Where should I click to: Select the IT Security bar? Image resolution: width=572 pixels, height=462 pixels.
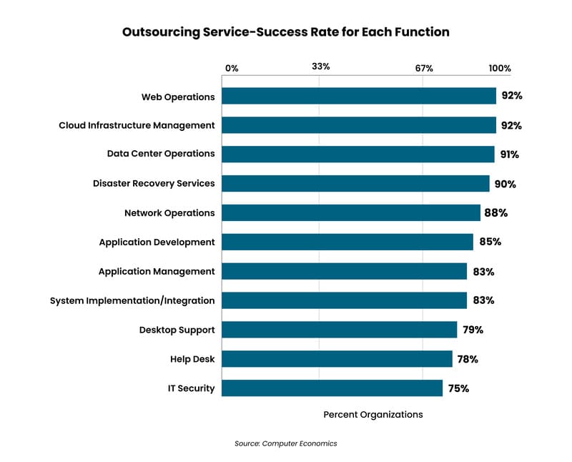(x=332, y=388)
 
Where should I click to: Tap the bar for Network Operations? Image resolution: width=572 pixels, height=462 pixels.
(x=351, y=212)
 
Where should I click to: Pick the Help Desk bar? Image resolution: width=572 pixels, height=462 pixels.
(x=337, y=359)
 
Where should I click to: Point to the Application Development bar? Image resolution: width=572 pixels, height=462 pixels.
(x=347, y=242)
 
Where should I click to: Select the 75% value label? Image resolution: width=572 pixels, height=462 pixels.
(x=458, y=388)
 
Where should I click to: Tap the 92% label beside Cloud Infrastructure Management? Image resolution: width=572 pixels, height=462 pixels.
(x=511, y=125)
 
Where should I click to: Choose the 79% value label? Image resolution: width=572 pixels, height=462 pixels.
(x=472, y=330)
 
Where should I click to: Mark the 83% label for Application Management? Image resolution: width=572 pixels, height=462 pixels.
(x=483, y=272)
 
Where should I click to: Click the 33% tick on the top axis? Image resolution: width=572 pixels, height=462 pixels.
(x=320, y=67)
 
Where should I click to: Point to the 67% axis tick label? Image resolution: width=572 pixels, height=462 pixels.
(x=424, y=69)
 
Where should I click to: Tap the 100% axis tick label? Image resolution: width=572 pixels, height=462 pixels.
(x=500, y=69)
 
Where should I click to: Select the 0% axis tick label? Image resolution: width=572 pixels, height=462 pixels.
(x=232, y=69)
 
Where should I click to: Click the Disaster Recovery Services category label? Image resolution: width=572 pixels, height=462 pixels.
(x=154, y=184)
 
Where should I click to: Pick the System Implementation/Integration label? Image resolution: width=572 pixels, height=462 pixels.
(x=132, y=300)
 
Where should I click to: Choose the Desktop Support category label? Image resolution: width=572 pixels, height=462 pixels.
(x=177, y=330)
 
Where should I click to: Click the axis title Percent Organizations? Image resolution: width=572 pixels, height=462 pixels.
(x=373, y=415)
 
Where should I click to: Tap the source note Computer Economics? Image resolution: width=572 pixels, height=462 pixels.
(x=285, y=443)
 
